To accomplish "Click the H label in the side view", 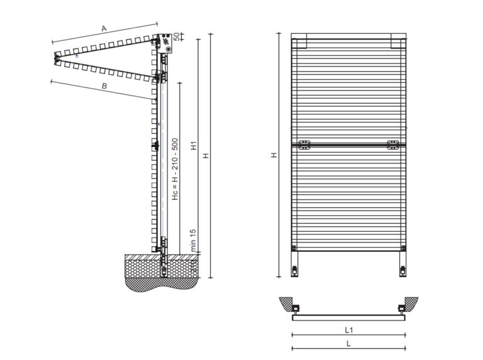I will (x=206, y=155).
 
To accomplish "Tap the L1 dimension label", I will (x=348, y=329).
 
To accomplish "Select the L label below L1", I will (x=348, y=344).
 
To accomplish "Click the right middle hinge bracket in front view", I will (x=393, y=145).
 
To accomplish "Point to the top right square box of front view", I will (x=398, y=43).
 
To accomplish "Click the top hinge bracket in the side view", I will (x=164, y=42).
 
